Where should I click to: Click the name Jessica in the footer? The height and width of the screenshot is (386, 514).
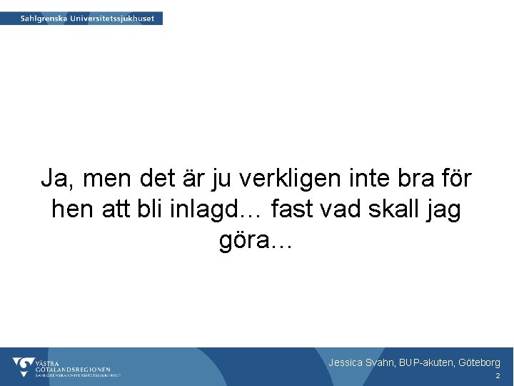(x=346, y=363)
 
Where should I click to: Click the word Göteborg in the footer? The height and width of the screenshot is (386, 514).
(x=479, y=363)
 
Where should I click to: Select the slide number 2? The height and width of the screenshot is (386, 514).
(x=498, y=376)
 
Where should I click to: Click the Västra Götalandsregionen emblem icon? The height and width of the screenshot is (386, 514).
(x=23, y=367)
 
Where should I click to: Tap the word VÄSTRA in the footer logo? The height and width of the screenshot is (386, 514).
(x=49, y=362)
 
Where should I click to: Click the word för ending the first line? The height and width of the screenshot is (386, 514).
(x=451, y=178)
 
